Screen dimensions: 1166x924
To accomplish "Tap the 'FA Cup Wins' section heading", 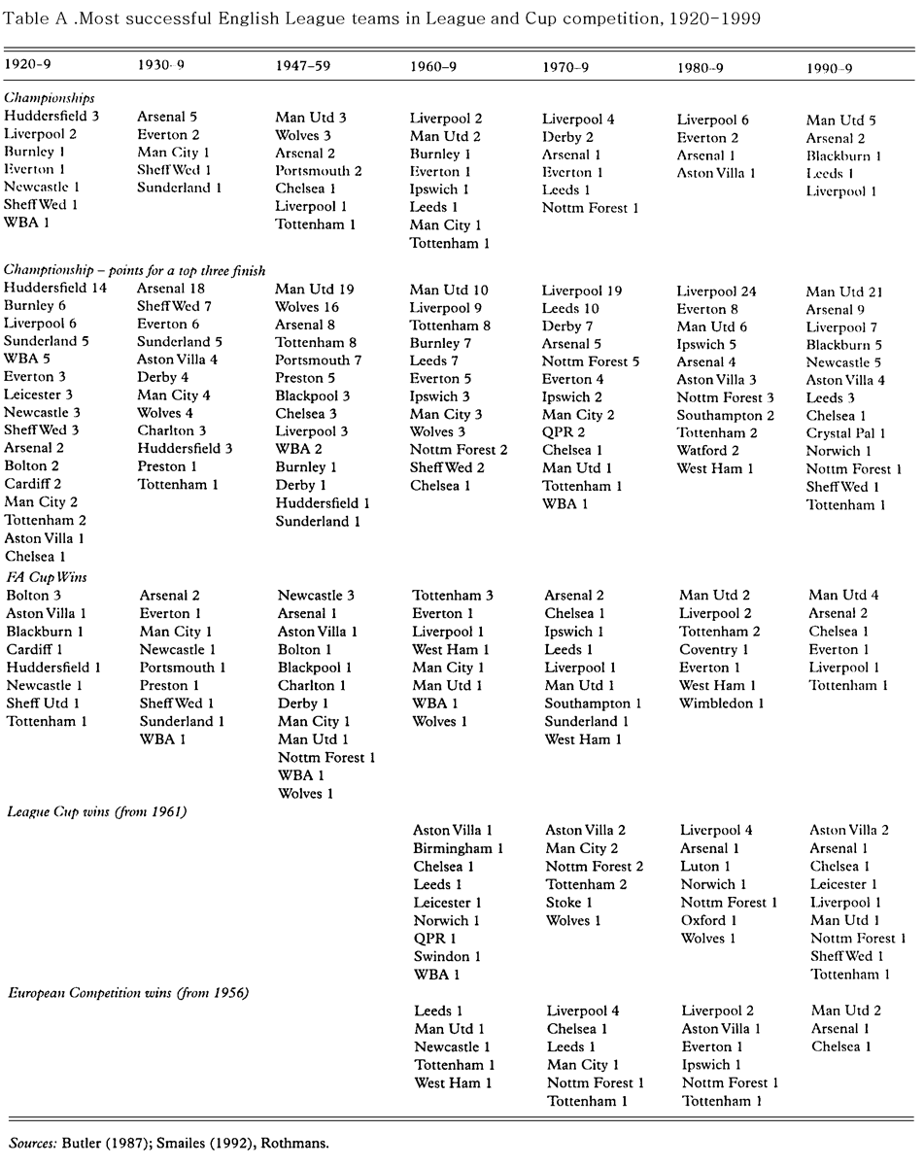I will pos(46,577).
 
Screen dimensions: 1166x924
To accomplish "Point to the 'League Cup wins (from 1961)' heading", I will pos(96,811).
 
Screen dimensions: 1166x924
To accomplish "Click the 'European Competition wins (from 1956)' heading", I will pos(128,992).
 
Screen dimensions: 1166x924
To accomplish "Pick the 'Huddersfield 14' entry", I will pos(55,288).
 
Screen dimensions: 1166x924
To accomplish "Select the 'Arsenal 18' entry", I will pos(173,288).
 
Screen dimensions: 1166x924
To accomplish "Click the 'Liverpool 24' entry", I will pos(717,291).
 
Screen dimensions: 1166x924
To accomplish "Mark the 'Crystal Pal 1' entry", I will pos(845,433).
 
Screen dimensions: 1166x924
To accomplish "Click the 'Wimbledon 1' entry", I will pos(721,703).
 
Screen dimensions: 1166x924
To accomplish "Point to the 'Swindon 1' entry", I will pos(447,956).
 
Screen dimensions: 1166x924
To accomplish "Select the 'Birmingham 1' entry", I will pos(458,848).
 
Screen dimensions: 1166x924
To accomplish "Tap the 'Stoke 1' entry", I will pos(569,903).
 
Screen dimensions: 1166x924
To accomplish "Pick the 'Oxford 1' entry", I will pos(709,920).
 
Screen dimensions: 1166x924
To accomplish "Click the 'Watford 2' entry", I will pos(708,451).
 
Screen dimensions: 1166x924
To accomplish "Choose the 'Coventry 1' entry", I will pos(714,649).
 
